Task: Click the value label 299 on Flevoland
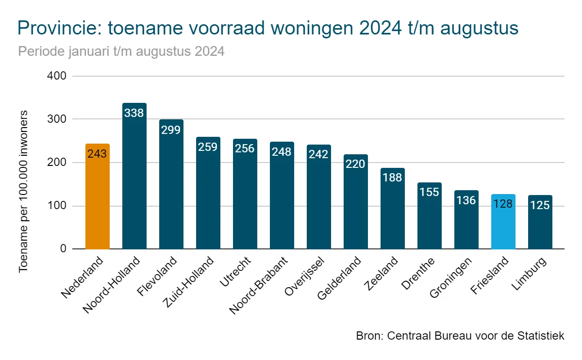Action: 171,130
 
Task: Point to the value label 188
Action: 392,178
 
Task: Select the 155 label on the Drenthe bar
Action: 429,192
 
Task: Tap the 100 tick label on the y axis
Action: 57,206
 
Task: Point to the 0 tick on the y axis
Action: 63,249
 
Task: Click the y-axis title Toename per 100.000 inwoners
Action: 24,192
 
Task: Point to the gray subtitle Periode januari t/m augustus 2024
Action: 121,51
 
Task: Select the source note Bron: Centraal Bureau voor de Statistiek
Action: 460,336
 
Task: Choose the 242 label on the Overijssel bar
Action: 318,154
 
